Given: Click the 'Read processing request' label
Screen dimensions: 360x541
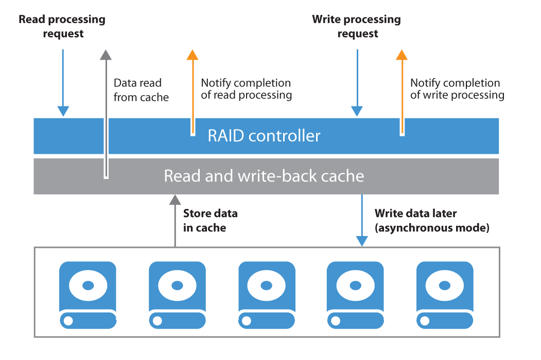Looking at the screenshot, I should pyautogui.click(x=62, y=27).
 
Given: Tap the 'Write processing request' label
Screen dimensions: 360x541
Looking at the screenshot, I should pyautogui.click(x=357, y=27).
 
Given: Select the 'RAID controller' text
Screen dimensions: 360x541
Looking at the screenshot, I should pyautogui.click(x=264, y=136).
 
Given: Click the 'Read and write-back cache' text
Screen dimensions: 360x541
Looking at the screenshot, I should pyautogui.click(x=264, y=176).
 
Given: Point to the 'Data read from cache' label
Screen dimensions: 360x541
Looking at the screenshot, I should pyautogui.click(x=141, y=90).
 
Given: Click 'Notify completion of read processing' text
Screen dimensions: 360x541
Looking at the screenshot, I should pyautogui.click(x=246, y=89).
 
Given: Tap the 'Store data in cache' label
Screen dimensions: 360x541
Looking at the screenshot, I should pyautogui.click(x=210, y=220).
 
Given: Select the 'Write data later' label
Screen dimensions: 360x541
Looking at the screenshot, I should pyautogui.click(x=416, y=213).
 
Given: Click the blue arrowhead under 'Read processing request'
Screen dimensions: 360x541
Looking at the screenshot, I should pyautogui.click(x=63, y=111).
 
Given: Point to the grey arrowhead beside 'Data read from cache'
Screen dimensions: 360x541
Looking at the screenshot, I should pyautogui.click(x=106, y=55).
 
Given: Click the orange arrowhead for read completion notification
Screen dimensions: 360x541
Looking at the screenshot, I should pyautogui.click(x=193, y=55).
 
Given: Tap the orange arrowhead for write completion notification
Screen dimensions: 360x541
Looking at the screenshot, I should pyautogui.click(x=402, y=55).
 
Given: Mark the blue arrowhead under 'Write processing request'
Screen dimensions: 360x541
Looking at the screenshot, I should pyautogui.click(x=357, y=111).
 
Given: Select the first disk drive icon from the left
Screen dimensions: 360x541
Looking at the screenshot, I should pyautogui.click(x=88, y=295).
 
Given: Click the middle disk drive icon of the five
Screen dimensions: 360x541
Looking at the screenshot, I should pyautogui.click(x=267, y=295).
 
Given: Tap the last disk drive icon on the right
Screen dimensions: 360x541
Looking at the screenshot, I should pyautogui.click(x=445, y=295).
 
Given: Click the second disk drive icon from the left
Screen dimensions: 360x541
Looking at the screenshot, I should pyautogui.click(x=177, y=295).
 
